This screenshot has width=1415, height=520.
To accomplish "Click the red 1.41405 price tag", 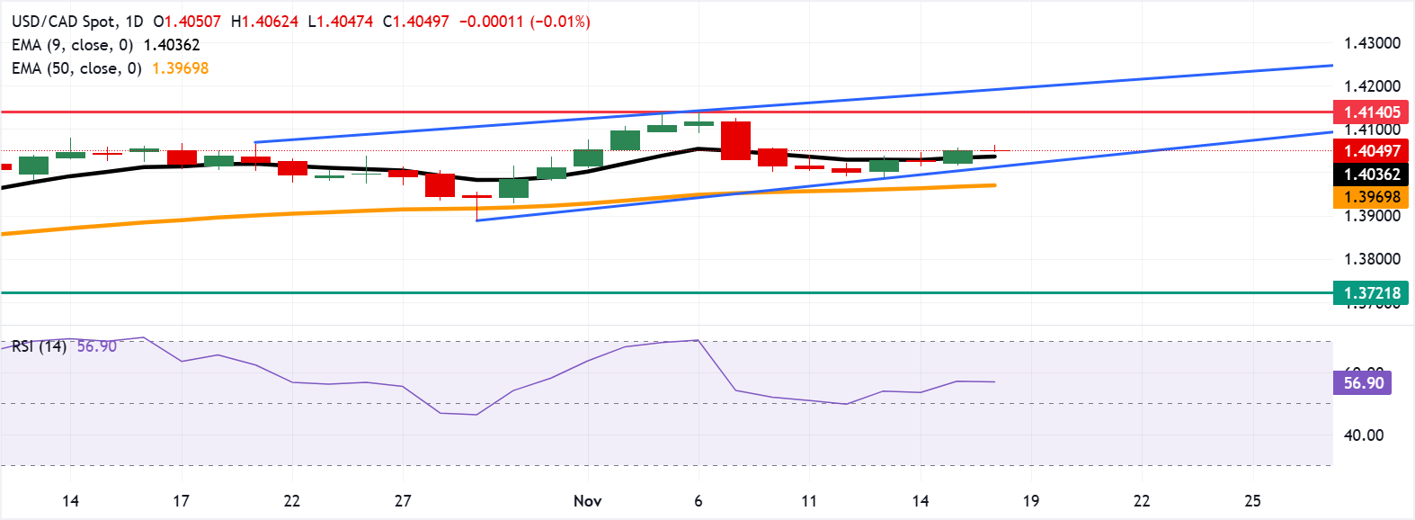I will pos(1371,112).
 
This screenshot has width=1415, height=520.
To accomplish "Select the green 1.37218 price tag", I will pos(1371,293).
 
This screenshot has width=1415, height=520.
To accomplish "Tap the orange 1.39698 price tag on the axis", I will pos(1371,197).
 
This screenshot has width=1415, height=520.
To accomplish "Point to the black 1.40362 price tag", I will pos(1371,175).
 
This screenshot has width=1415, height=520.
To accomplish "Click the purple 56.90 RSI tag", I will pos(1363,383).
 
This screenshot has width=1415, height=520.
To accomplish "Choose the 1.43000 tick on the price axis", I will pos(1372,43).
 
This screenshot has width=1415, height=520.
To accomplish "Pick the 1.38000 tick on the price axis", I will pos(1372,259).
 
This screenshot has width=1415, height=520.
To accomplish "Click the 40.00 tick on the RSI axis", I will pos(1363,435).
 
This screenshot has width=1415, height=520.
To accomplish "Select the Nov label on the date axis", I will pos(587,501).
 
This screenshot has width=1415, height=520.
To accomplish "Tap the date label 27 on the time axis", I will pos(403,501).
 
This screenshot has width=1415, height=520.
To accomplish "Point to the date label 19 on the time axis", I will pos(1031,501).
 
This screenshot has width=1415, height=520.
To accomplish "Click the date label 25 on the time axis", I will pos(1252,501).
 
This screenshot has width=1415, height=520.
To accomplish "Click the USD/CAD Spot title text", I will pos(64,22).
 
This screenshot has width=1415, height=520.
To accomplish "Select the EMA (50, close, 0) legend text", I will pos(76,68).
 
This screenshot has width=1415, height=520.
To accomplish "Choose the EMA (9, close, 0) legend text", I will pos(72,45).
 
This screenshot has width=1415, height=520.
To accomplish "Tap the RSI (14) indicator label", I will pos(39,346).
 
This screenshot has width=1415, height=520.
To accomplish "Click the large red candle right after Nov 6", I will pos(735,140).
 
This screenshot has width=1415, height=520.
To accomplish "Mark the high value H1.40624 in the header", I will pos(264,22).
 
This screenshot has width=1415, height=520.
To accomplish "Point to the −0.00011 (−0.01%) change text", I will pos(524,22).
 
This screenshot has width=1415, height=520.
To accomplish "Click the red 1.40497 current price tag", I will pos(1371,151).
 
